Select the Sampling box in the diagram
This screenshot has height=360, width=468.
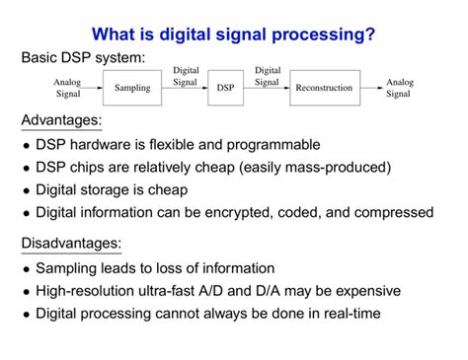[x=131, y=88]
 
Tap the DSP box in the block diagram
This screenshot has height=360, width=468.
[x=225, y=88]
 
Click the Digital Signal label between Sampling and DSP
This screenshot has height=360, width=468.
[x=186, y=76]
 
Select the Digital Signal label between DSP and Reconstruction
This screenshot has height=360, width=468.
[x=267, y=76]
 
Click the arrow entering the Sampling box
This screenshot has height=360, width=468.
[x=93, y=88]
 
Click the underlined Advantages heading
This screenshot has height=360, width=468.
[x=61, y=121]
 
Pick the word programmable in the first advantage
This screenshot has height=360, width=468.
[x=274, y=145]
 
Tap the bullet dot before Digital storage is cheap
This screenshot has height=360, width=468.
[x=25, y=191]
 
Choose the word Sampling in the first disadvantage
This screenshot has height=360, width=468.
[x=66, y=268]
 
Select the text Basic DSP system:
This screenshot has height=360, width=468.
[x=83, y=59]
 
